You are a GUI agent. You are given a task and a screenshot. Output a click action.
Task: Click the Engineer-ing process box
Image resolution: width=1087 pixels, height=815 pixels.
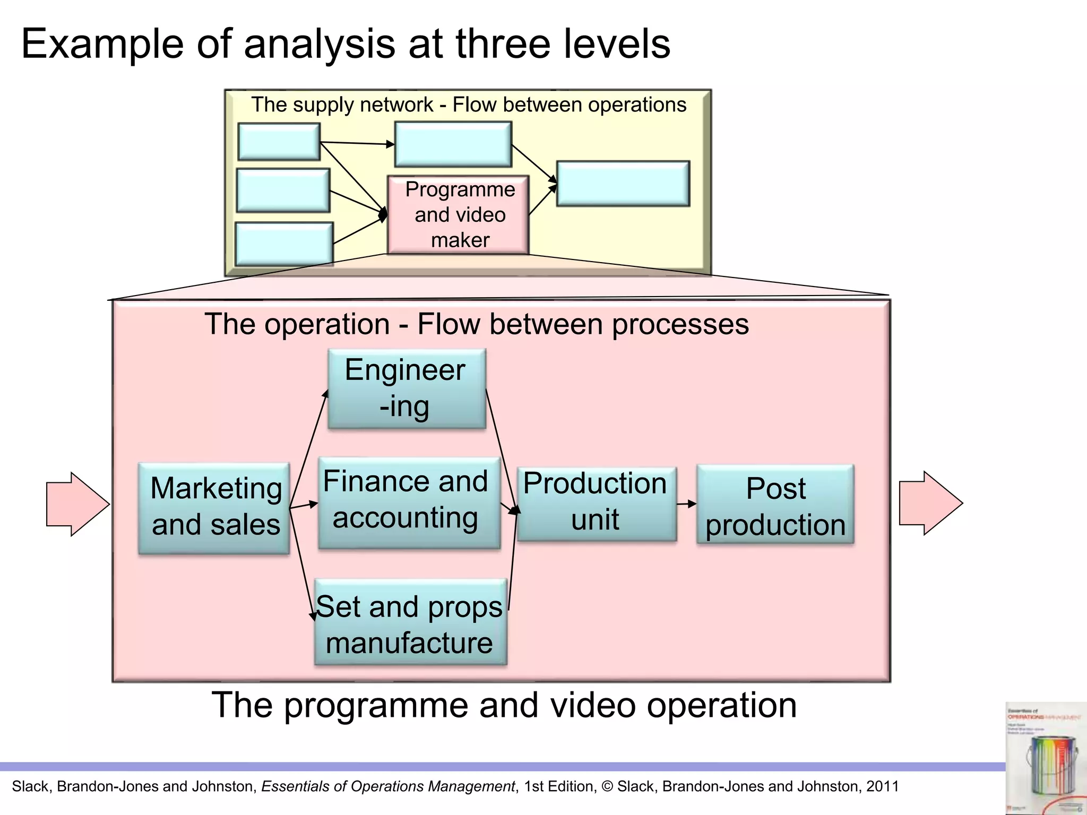pos(407,388)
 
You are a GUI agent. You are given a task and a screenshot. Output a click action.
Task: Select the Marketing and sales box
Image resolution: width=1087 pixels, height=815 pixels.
pos(214,508)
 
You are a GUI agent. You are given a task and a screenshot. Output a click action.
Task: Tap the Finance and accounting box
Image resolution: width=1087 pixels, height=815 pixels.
pos(409,502)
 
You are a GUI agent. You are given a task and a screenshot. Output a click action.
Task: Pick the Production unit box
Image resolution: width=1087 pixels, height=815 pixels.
pos(597,504)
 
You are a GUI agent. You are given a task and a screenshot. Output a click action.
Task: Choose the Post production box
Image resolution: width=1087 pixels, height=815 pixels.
pos(775,505)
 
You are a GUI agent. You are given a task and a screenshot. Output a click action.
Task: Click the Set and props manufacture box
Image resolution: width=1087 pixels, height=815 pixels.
pos(410,622)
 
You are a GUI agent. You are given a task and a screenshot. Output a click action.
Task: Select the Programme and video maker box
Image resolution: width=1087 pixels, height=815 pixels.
pos(459,215)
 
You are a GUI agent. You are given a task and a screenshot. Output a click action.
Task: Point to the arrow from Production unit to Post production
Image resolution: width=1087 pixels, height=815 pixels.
pos(686,504)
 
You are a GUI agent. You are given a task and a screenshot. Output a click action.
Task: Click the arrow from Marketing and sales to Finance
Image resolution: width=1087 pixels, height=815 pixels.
pos(304,505)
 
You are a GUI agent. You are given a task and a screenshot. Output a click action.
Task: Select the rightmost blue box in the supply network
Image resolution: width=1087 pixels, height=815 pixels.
pos(623,184)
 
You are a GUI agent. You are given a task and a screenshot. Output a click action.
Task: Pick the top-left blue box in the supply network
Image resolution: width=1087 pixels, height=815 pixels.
pos(279,142)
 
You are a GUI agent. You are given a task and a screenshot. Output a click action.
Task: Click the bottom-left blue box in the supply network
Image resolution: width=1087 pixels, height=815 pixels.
pos(284,244)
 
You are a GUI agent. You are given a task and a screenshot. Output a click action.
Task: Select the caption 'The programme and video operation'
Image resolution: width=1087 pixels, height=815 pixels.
pos(504,705)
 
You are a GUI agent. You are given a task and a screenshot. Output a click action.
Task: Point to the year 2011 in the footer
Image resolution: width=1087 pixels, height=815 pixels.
pos(882,786)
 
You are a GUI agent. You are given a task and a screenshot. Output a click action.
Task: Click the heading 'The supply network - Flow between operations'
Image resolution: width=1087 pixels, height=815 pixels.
pos(469,105)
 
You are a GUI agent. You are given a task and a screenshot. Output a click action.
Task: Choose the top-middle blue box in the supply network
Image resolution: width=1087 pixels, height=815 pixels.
pos(453,144)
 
